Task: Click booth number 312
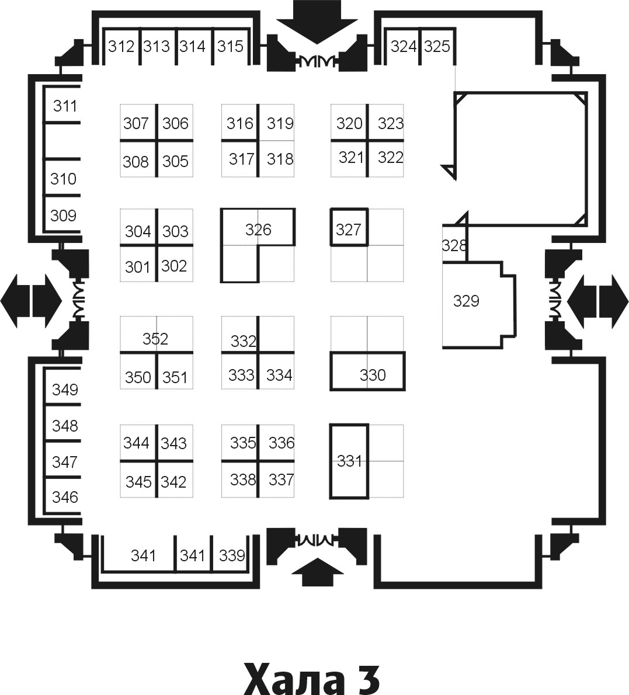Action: tap(121, 46)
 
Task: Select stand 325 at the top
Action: tap(437, 46)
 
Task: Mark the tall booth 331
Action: tap(349, 461)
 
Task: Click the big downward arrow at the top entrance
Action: tap(317, 22)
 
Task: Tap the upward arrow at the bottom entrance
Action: tap(317, 572)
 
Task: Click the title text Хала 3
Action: tap(312, 677)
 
